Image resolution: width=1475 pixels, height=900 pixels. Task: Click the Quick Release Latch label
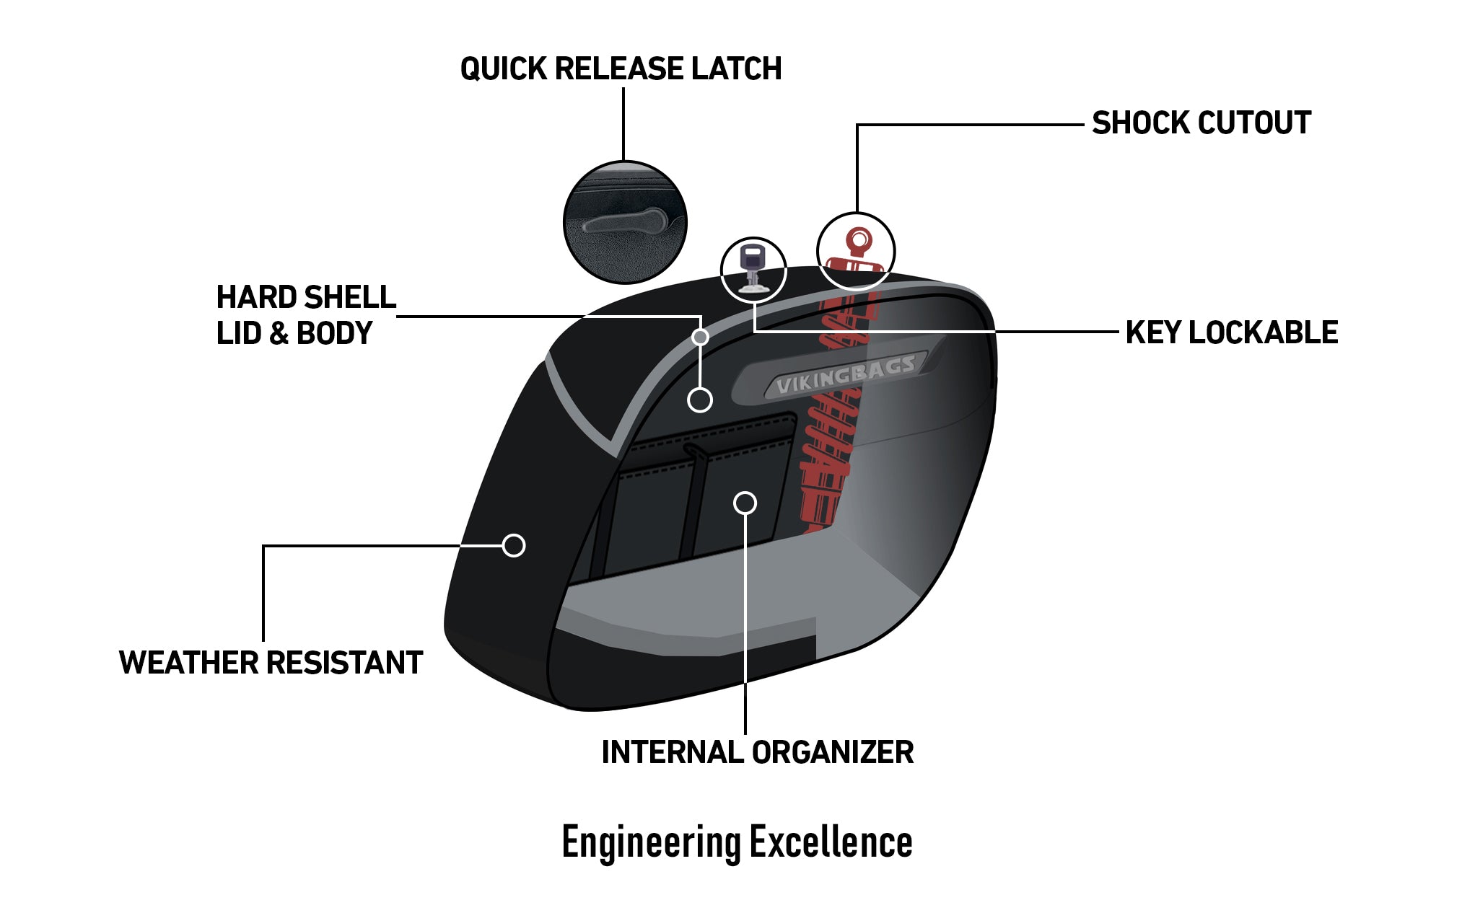tap(621, 69)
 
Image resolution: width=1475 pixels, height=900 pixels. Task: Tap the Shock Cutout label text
tap(1201, 123)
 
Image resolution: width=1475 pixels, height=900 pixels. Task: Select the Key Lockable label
tap(1231, 332)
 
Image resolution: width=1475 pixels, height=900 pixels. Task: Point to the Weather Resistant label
tap(271, 663)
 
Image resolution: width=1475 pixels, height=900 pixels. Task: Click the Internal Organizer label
tap(757, 752)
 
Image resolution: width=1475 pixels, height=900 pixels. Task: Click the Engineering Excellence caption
tap(737, 842)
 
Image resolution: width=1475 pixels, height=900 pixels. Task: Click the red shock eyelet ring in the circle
tap(859, 238)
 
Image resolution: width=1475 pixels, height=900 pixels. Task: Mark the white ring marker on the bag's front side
tap(514, 545)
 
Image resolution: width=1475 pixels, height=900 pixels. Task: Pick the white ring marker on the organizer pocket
tap(745, 503)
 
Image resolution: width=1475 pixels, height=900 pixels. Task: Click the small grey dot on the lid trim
tap(699, 337)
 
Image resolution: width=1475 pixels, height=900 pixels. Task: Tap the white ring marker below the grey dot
tap(699, 400)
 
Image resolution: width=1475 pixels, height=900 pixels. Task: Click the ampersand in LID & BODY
tap(278, 334)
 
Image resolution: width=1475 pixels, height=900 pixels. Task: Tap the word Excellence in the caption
tap(831, 842)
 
